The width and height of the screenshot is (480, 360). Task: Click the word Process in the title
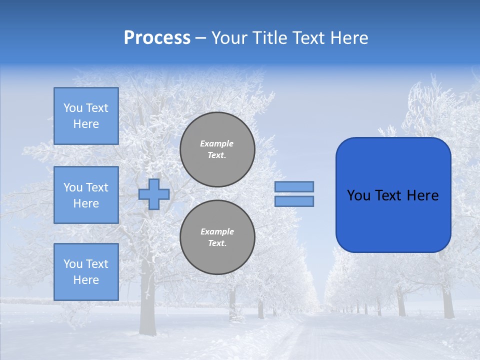pyautogui.click(x=157, y=38)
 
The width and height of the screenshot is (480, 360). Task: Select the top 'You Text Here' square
pyautogui.click(x=86, y=116)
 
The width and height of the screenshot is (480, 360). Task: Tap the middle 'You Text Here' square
pyautogui.click(x=86, y=195)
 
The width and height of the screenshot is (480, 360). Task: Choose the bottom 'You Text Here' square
pyautogui.click(x=86, y=272)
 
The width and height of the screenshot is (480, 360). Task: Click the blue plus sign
pyautogui.click(x=154, y=194)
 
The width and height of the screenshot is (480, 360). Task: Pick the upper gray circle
pyautogui.click(x=217, y=149)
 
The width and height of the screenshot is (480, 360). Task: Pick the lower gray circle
pyautogui.click(x=217, y=237)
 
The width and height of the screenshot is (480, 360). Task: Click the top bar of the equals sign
pyautogui.click(x=294, y=186)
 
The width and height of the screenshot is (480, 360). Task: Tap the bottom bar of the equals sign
pyautogui.click(x=294, y=201)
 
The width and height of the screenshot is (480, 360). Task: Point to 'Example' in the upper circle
pyautogui.click(x=217, y=143)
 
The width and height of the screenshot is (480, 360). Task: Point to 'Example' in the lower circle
pyautogui.click(x=217, y=231)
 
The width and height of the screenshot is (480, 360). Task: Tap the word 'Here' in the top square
pyautogui.click(x=86, y=124)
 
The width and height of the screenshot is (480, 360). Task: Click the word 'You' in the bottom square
pyautogui.click(x=73, y=264)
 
